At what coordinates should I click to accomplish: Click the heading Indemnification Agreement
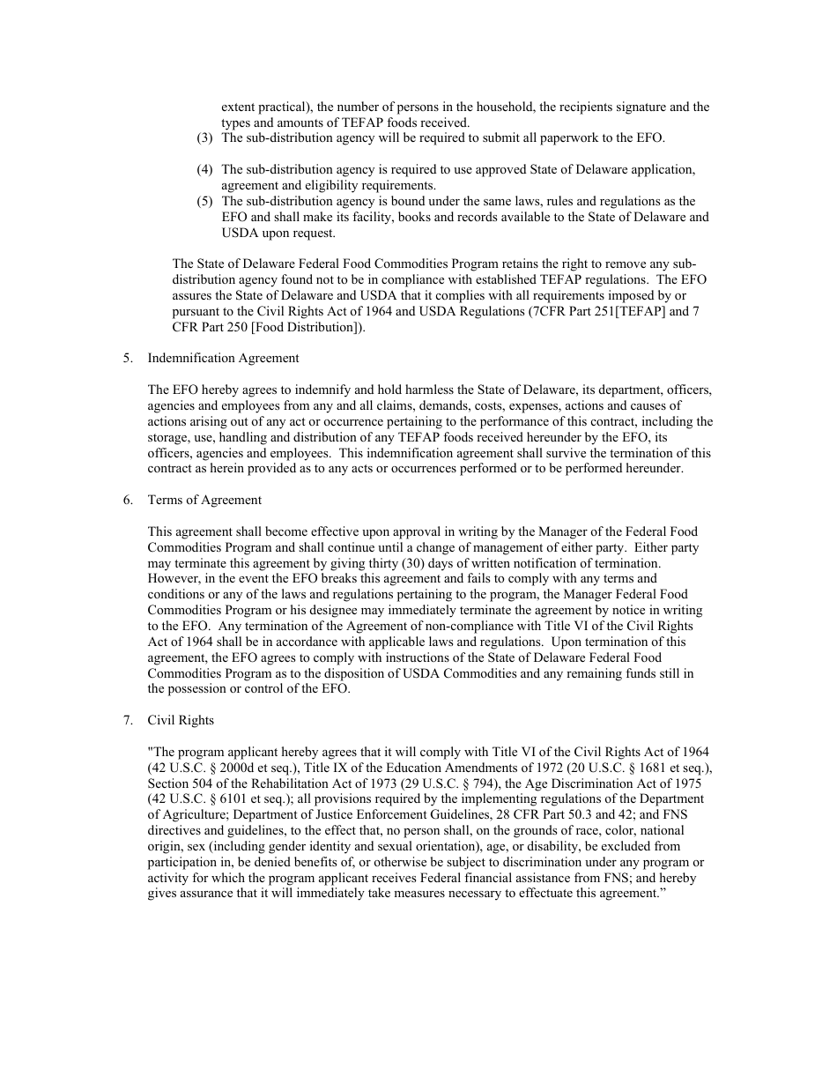[223, 358]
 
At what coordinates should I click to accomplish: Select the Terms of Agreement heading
[204, 500]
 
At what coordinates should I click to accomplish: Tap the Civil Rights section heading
[181, 720]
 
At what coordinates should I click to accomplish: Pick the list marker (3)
[204, 137]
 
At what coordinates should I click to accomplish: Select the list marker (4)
[204, 169]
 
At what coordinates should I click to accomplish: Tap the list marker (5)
[204, 201]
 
